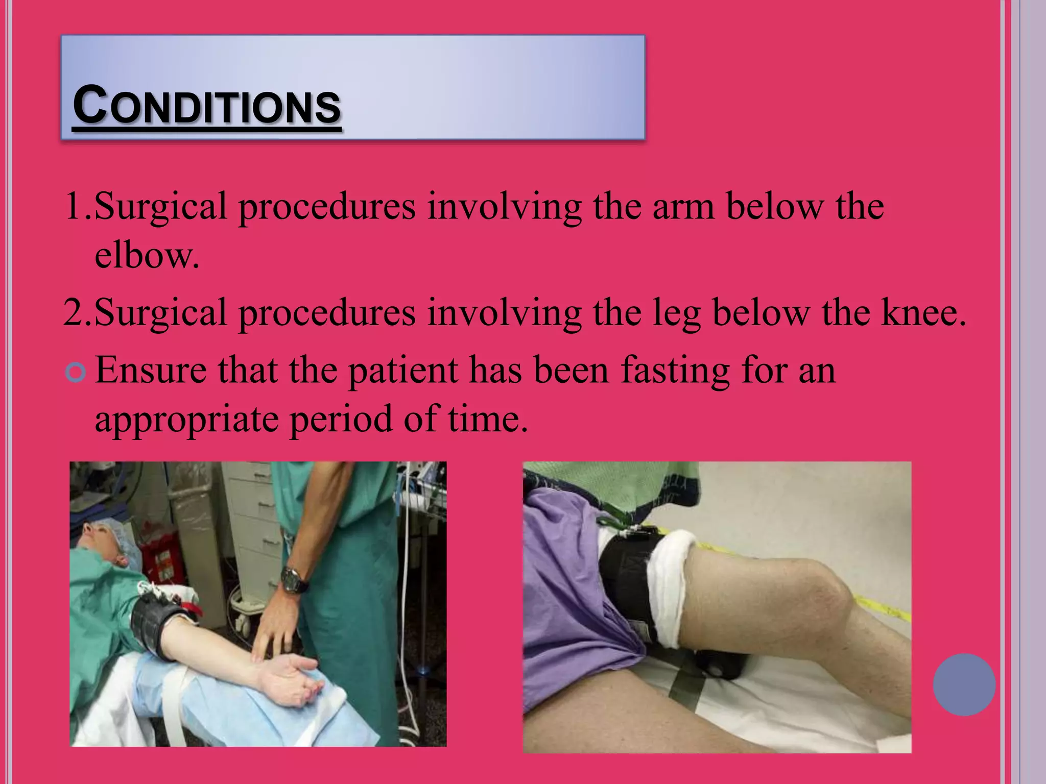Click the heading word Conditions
[x=206, y=106]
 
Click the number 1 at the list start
[x=73, y=206]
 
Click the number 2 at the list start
[x=73, y=312]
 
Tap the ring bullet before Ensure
[x=76, y=373]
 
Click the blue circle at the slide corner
[x=964, y=684]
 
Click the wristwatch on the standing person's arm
[x=294, y=579]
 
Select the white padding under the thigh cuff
[x=669, y=587]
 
